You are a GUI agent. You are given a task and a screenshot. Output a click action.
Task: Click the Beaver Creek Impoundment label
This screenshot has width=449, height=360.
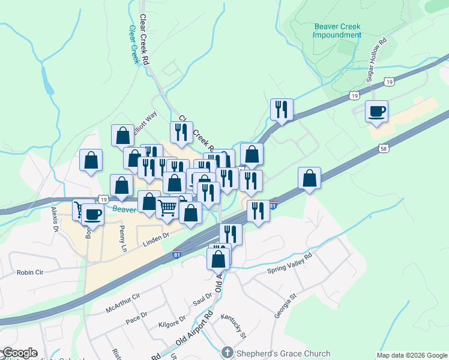pos(337,31)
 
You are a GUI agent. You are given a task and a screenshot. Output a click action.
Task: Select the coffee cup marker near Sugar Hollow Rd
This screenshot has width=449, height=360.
pos(376,112)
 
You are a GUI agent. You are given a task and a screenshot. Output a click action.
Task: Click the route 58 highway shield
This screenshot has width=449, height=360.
pos(383,148)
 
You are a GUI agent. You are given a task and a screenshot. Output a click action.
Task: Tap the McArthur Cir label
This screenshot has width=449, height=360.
pos(122,302)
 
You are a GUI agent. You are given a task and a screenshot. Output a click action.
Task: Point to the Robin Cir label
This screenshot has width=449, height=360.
pos(30,272)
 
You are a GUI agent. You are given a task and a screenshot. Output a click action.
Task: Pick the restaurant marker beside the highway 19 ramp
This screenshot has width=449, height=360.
pos(282,110)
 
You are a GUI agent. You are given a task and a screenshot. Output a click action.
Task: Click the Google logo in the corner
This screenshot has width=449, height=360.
pos(19,353)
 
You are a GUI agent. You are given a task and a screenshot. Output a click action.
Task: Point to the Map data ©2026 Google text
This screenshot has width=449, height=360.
pos(411,355)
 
